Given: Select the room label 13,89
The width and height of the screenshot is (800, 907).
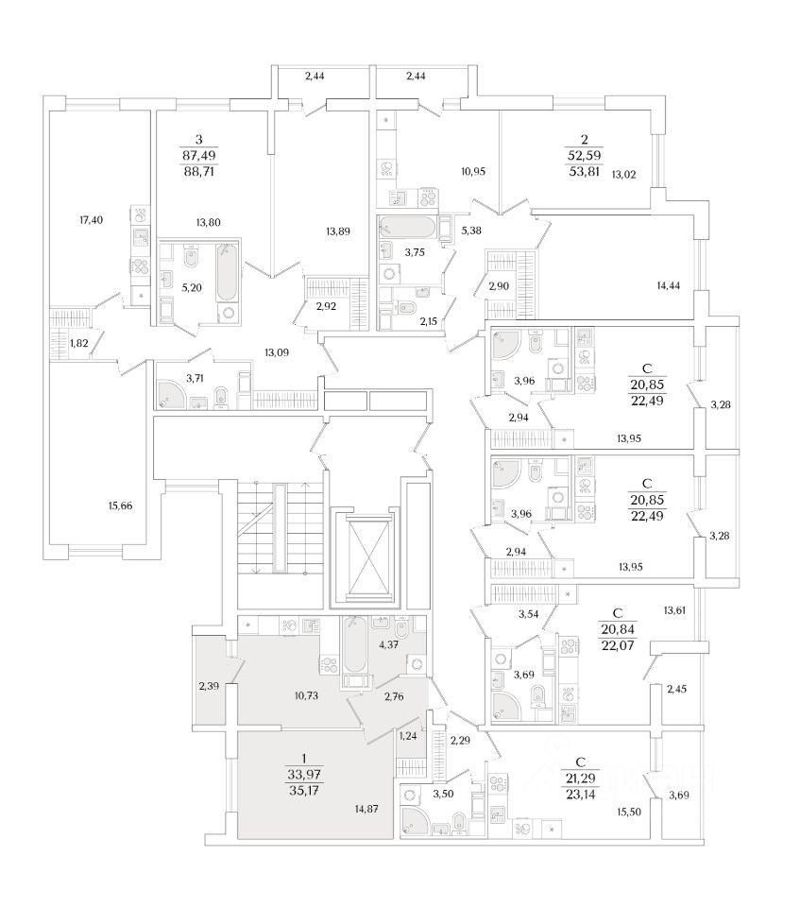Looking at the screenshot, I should (330, 230).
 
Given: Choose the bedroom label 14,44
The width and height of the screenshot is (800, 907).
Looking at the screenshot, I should (669, 284).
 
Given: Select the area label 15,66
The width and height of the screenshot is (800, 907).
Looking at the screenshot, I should (120, 506).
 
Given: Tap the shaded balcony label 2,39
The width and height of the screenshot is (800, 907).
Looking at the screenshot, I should (210, 685).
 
